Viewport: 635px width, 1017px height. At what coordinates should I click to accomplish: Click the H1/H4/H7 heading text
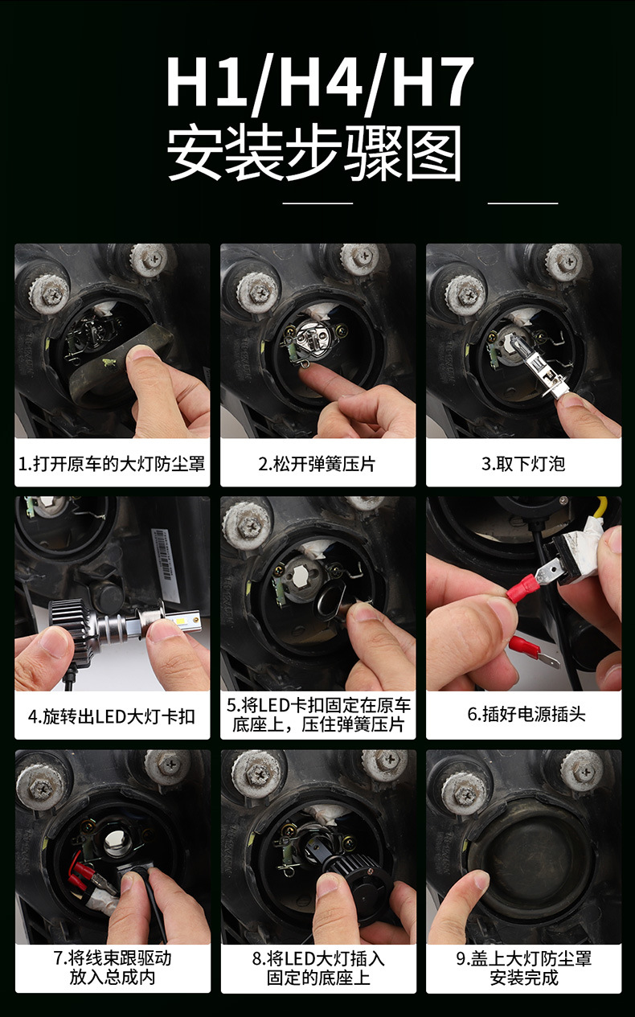tap(320, 83)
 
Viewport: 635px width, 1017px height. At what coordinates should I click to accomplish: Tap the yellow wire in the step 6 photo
tap(602, 506)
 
